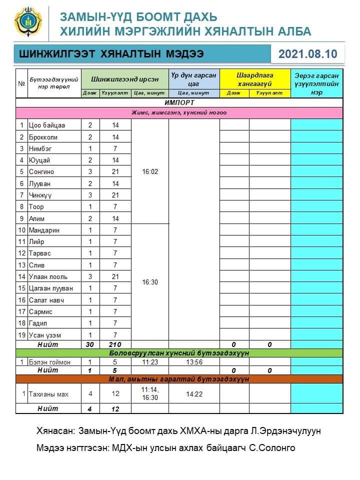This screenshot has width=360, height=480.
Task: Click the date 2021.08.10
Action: [307, 54]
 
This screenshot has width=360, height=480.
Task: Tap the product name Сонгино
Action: [41, 171]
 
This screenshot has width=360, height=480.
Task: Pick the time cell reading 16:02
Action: [150, 171]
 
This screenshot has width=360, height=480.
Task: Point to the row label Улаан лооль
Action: [48, 276]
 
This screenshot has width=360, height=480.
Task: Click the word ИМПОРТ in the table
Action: [179, 103]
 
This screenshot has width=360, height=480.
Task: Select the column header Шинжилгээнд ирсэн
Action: [124, 79]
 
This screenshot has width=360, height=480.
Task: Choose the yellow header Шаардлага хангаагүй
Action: [255, 79]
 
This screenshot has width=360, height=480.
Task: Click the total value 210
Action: [115, 344]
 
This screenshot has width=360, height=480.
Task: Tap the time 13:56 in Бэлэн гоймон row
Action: [193, 362]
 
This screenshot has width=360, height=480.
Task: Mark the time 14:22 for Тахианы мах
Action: [193, 394]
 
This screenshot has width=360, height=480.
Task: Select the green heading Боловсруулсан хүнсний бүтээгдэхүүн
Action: [179, 353]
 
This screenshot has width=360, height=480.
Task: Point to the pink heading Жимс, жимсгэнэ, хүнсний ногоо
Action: [179, 112]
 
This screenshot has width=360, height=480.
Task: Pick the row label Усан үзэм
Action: [45, 335]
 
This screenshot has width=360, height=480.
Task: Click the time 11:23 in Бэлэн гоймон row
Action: [150, 362]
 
